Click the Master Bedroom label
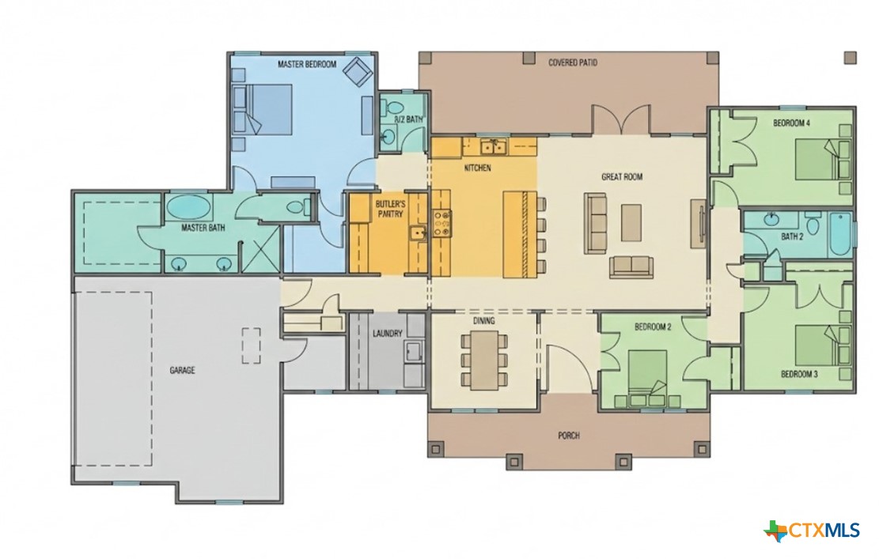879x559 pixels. tap(307, 63)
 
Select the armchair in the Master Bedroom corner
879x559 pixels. tap(357, 72)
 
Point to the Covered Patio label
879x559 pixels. tap(572, 62)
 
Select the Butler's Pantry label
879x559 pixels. tap(388, 209)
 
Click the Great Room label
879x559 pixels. tap(621, 177)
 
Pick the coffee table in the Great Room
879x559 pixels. tap(631, 222)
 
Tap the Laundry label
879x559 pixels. tap(388, 334)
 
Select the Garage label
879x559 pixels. tap(182, 369)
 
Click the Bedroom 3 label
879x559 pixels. tap(798, 373)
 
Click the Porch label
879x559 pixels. tap(568, 436)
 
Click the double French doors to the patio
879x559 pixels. tap(622, 120)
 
